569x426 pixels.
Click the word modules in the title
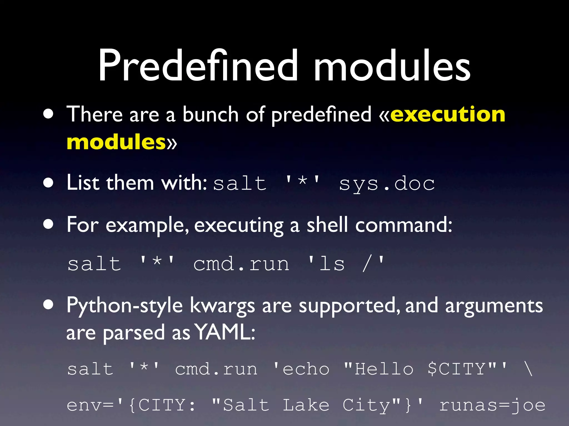pyautogui.click(x=392, y=66)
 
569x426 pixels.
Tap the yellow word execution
pyautogui.click(x=448, y=114)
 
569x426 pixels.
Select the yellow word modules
pyautogui.click(x=116, y=142)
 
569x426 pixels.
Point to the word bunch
pyautogui.click(x=211, y=114)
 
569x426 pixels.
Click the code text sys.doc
pyautogui.click(x=387, y=184)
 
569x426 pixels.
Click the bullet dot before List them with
pyautogui.click(x=48, y=183)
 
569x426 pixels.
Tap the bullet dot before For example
pyautogui.click(x=48, y=225)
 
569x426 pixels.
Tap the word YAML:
pyautogui.click(x=224, y=332)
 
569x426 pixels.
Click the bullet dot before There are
pyautogui.click(x=48, y=114)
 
